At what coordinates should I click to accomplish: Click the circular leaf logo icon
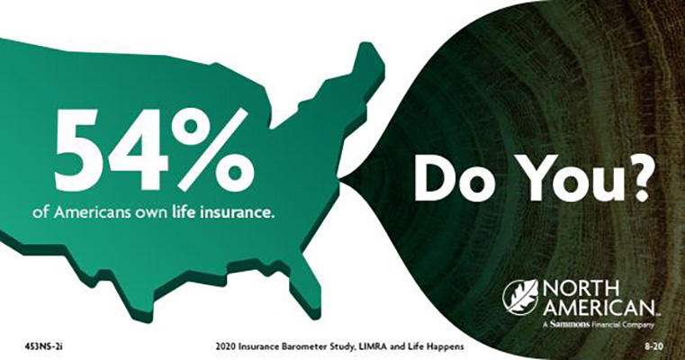click(520, 297)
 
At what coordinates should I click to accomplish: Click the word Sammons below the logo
click(570, 325)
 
